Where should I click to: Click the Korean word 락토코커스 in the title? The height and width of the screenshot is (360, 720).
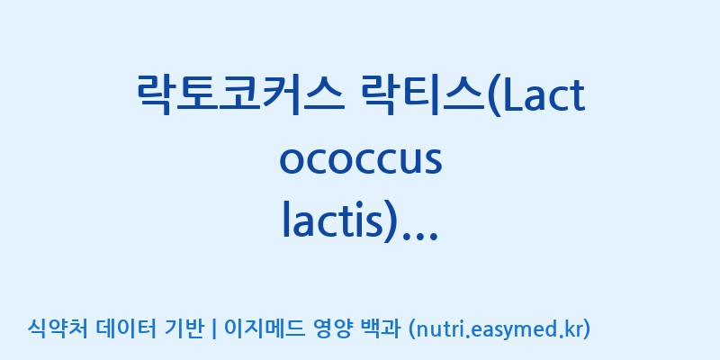tap(240, 94)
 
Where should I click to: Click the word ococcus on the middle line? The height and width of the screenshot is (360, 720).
tap(361, 162)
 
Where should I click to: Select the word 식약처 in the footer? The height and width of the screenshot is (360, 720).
tap(57, 328)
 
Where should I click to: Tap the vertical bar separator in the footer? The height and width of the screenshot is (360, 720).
tap(213, 329)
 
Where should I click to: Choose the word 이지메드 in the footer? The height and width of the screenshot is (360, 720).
tap(264, 328)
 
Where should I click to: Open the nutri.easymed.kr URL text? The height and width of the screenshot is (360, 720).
tap(499, 329)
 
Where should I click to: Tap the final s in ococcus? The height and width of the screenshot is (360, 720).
tap(433, 163)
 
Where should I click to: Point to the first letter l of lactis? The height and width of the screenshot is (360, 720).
tap(285, 221)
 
